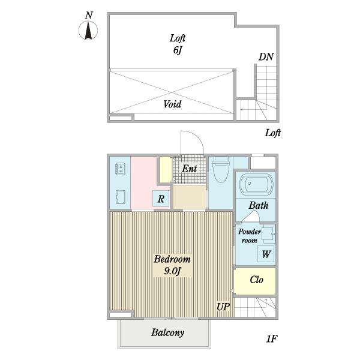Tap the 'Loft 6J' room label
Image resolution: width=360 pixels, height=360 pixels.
[x=178, y=44]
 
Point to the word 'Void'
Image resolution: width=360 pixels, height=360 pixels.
[x=172, y=104]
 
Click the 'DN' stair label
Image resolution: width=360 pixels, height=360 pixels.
[x=266, y=57]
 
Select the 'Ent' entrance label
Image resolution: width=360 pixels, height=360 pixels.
[x=190, y=169]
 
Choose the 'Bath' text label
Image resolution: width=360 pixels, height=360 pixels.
[x=259, y=205]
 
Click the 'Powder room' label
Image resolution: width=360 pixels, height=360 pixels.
[x=250, y=236]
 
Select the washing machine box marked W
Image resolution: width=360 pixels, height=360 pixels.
[x=266, y=254]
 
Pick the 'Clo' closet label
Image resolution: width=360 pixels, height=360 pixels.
[x=256, y=280]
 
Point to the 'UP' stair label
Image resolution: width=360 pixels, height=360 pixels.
[x=223, y=307]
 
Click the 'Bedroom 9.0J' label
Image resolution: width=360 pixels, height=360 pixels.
[x=172, y=265]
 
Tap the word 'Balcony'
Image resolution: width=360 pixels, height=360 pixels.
[x=167, y=332]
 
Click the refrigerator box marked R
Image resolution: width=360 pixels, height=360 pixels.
[x=161, y=199]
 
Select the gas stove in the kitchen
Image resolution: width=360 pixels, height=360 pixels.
[x=121, y=169]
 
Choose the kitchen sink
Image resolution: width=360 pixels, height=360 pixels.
[x=121, y=197]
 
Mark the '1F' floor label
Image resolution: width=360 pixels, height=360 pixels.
[x=272, y=339]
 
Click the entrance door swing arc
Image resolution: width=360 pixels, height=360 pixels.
[x=198, y=137]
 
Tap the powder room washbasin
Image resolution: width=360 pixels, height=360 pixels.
[x=268, y=235]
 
